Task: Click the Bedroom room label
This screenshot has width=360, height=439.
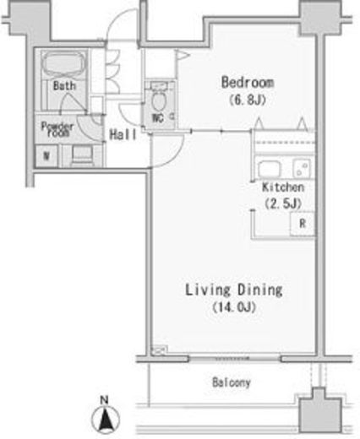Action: click(248, 82)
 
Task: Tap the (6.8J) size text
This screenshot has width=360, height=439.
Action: click(248, 100)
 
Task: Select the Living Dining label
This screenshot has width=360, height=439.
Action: click(234, 290)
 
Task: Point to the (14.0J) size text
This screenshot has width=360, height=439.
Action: click(234, 307)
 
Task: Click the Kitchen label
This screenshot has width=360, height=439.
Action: click(283, 187)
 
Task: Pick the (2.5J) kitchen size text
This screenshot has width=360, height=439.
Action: click(283, 203)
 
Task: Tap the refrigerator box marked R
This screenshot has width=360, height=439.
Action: click(302, 224)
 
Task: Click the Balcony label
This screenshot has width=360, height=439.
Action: click(232, 382)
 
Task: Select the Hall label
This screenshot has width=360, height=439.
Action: click(123, 134)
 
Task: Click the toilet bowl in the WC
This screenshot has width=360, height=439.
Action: click(158, 100)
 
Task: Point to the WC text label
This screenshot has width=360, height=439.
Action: click(158, 118)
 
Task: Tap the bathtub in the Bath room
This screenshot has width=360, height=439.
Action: click(63, 65)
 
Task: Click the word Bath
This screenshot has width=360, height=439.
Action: click(64, 86)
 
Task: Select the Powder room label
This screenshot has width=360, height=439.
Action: click(57, 129)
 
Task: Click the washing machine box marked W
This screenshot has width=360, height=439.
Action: click(46, 155)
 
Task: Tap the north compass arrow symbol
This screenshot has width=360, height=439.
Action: click(106, 420)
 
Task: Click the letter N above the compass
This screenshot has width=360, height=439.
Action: click(105, 399)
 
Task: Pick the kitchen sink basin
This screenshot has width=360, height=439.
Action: click(270, 169)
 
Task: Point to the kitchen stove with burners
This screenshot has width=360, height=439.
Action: click(302, 168)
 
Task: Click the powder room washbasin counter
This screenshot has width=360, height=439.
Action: click(82, 155)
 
